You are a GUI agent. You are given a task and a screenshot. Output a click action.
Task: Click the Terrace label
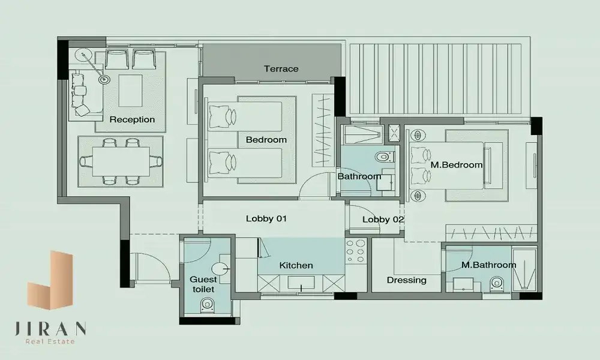pos(281,69)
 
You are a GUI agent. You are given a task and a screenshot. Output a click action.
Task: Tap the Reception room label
pos(132,119)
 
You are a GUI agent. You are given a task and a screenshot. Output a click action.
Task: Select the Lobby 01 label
pos(266,219)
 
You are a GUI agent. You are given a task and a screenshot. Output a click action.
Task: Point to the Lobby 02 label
pos(383,220)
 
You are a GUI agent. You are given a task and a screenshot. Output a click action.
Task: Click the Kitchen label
pos(296,265)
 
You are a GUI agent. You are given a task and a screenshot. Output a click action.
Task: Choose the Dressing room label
pos(406,280)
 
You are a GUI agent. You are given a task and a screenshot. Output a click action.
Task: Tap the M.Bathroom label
pos(488,265)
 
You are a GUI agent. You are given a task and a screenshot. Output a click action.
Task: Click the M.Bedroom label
pos(457,165)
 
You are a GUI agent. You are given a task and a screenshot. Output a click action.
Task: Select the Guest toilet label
pos(203,284)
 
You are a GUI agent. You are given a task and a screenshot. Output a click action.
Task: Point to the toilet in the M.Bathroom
pos(496,283)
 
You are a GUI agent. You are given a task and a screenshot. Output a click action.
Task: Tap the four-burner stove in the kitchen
pos(356,251)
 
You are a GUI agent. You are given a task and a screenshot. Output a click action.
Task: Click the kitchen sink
pos(301,283)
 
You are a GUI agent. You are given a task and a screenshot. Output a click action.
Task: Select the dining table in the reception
pos(121,161)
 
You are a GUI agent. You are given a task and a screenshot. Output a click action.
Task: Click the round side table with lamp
pos(104,80)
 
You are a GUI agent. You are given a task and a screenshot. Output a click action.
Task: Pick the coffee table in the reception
pos(130,91)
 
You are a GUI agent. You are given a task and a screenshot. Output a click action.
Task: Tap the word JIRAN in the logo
pos(50,329)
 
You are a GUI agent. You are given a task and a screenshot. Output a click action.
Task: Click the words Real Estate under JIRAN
pos(50,341)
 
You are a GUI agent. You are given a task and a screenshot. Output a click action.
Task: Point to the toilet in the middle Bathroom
pos(385,157)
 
